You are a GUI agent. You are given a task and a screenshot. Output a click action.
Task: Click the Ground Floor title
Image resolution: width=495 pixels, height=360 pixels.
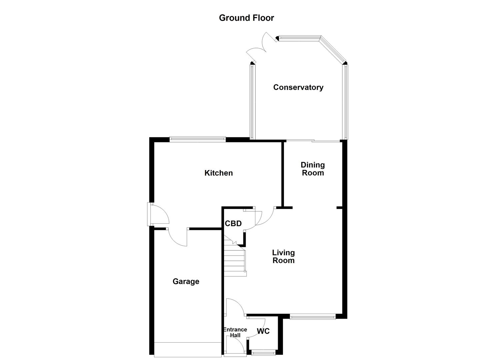246,18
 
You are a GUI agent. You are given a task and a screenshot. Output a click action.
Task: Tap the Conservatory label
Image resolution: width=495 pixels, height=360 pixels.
298,87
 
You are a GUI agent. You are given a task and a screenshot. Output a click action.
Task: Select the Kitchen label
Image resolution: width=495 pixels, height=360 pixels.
218,173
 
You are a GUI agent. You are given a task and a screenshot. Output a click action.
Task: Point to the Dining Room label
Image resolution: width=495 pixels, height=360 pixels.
313,169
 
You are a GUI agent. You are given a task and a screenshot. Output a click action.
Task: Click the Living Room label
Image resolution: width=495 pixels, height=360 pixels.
283,256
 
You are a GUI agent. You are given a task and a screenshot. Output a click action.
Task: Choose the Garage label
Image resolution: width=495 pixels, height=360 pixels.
186,282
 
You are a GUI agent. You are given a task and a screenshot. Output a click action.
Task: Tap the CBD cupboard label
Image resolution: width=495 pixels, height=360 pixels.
233,223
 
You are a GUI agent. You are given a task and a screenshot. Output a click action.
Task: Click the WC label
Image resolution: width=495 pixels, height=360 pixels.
263,331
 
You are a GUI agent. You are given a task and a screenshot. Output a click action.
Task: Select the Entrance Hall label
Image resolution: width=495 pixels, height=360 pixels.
235,332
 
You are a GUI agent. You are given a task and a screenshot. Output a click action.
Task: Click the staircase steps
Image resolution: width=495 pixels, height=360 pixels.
235,258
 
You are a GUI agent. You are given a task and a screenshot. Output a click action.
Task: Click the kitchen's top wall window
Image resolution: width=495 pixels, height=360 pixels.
197,139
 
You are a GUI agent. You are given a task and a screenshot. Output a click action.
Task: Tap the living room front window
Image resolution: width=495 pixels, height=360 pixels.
312,317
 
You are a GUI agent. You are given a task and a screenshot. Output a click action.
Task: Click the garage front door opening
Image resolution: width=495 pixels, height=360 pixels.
188,349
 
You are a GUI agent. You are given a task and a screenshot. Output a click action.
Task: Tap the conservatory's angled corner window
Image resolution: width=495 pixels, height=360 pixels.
333,50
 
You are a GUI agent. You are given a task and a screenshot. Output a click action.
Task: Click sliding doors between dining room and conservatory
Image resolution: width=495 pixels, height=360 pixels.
313,141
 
